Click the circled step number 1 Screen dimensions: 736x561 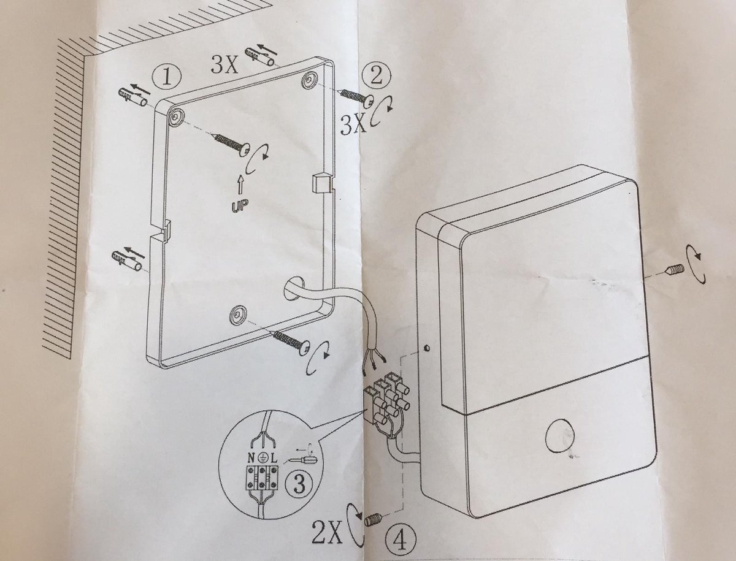coord(166,78)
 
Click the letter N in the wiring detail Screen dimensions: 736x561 coord(252,459)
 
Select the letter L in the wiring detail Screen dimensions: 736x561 coord(274,459)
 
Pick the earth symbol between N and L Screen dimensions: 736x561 coord(264,459)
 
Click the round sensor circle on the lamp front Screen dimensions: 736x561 coord(561,437)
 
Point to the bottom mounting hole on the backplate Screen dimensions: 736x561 coord(237,315)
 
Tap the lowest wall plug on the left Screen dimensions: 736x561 coord(127,262)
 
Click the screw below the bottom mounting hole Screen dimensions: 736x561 coord(291,345)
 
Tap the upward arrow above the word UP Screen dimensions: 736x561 coord(240,185)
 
